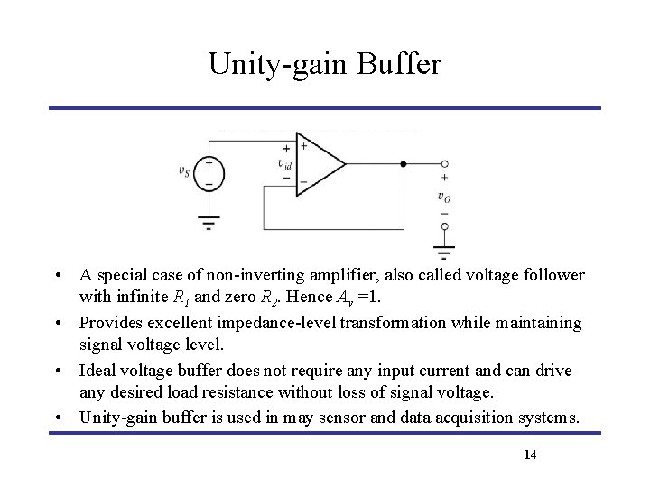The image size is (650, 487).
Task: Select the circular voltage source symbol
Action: click(209, 174)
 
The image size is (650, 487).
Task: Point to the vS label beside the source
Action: click(184, 171)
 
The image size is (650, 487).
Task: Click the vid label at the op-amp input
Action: click(285, 163)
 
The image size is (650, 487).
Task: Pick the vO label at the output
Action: click(443, 196)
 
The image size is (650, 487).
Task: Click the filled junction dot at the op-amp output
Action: click(403, 164)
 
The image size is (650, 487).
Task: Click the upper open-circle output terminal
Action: click(444, 164)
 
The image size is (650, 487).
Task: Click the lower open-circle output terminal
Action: click(444, 226)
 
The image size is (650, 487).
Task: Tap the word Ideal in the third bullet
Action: click(95, 370)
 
